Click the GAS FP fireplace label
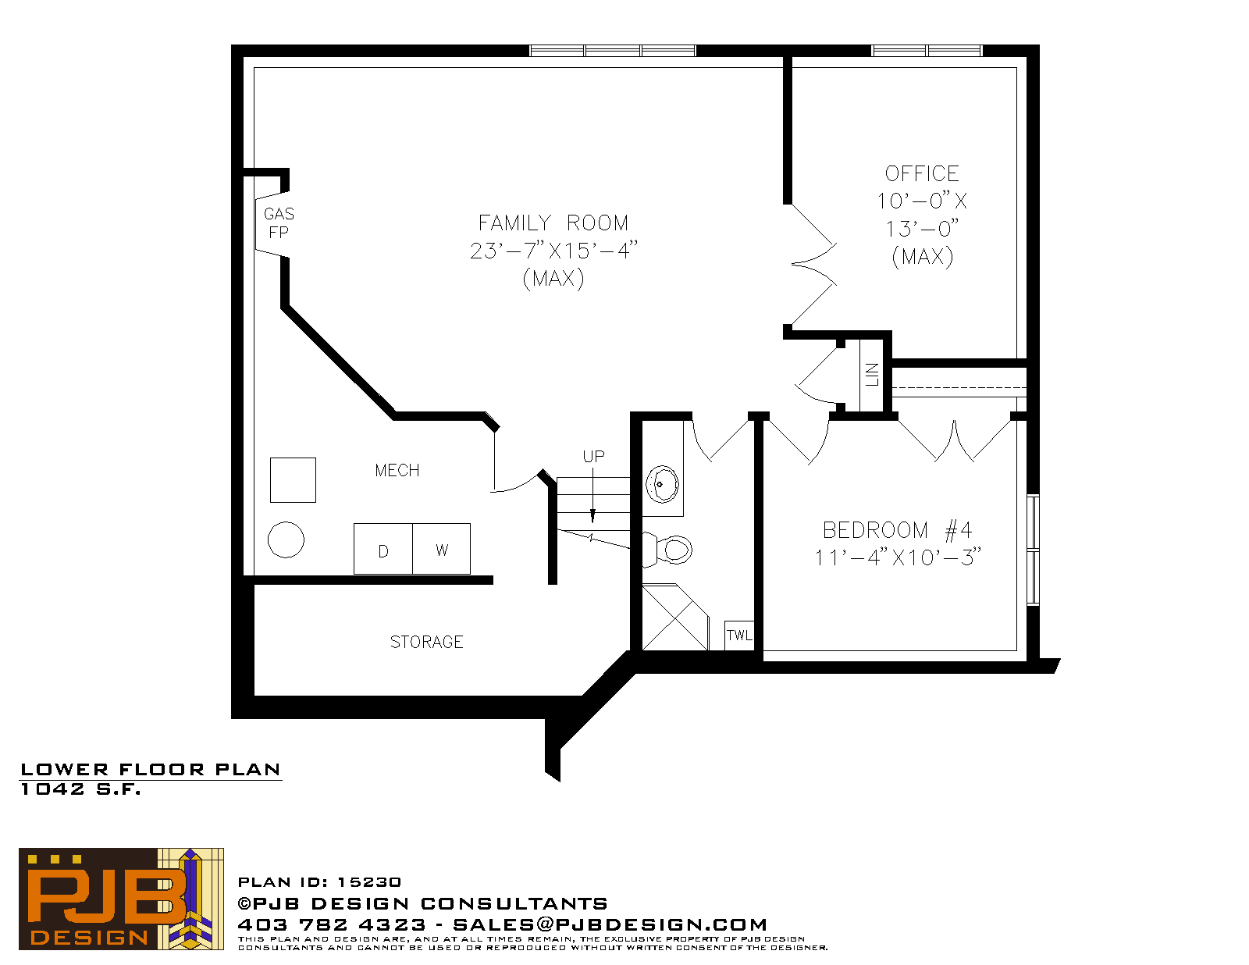[279, 223]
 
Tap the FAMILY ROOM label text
[553, 223]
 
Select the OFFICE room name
[922, 173]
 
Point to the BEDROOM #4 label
[897, 530]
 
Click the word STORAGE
[426, 642]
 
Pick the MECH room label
[397, 471]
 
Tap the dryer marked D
[383, 549]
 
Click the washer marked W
[441, 549]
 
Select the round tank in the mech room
[286, 539]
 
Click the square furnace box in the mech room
[294, 480]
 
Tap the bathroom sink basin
[662, 484]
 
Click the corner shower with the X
[675, 618]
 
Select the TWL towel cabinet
[739, 635]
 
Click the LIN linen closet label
[872, 375]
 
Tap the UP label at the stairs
[594, 457]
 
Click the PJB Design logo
[121, 899]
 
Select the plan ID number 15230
[369, 882]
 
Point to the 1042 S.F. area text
[81, 789]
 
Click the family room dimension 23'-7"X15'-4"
[554, 251]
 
